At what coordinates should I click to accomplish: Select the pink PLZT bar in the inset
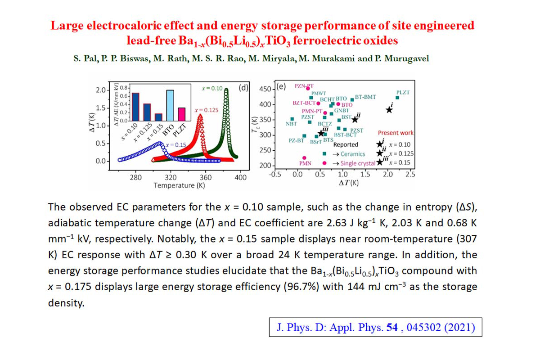click(x=182, y=114)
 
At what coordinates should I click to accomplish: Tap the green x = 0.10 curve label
click(x=211, y=89)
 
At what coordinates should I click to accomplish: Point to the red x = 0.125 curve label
click(x=206, y=110)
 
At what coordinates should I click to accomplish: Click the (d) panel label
click(x=243, y=88)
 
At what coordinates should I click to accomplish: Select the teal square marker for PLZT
click(x=397, y=98)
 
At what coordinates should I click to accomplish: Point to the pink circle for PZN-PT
click(x=307, y=89)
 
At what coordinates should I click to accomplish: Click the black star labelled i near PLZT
click(x=390, y=109)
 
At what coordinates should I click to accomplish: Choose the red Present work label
click(x=396, y=133)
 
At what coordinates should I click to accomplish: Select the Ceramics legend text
click(x=352, y=154)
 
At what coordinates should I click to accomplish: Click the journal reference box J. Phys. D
click(x=375, y=327)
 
